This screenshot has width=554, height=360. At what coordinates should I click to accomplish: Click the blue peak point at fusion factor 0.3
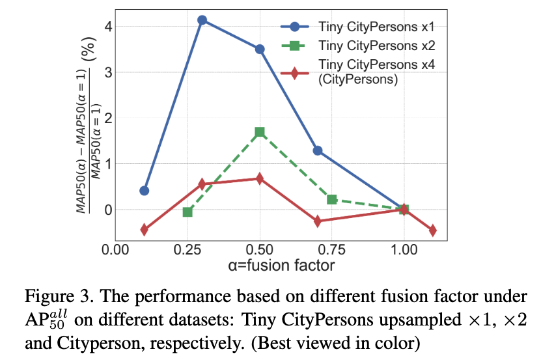[x=202, y=20]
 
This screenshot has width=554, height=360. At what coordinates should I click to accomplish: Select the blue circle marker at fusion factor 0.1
[x=145, y=191]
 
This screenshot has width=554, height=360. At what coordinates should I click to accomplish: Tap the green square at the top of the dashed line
[x=260, y=132]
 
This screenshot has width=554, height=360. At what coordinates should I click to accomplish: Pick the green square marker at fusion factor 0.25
[x=187, y=212]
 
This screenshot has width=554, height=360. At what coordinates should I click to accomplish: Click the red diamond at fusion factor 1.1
[x=432, y=230]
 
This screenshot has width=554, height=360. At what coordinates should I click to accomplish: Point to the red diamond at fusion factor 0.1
[x=145, y=229]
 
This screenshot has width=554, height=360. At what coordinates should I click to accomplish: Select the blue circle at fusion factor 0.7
[x=318, y=150]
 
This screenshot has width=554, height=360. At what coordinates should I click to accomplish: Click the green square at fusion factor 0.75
[x=332, y=199]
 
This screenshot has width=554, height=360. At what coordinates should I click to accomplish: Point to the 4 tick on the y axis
[x=109, y=27]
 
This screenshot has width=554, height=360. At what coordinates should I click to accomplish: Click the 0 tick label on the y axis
[x=109, y=210]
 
